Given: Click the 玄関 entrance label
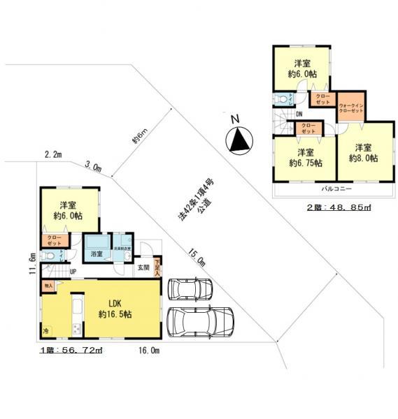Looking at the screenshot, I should [143, 267].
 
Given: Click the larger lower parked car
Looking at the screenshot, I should [201, 322].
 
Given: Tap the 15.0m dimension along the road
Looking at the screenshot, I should [197, 257].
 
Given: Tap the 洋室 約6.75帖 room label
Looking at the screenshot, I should [306, 157].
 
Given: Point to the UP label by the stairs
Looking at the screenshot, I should [73, 272].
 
